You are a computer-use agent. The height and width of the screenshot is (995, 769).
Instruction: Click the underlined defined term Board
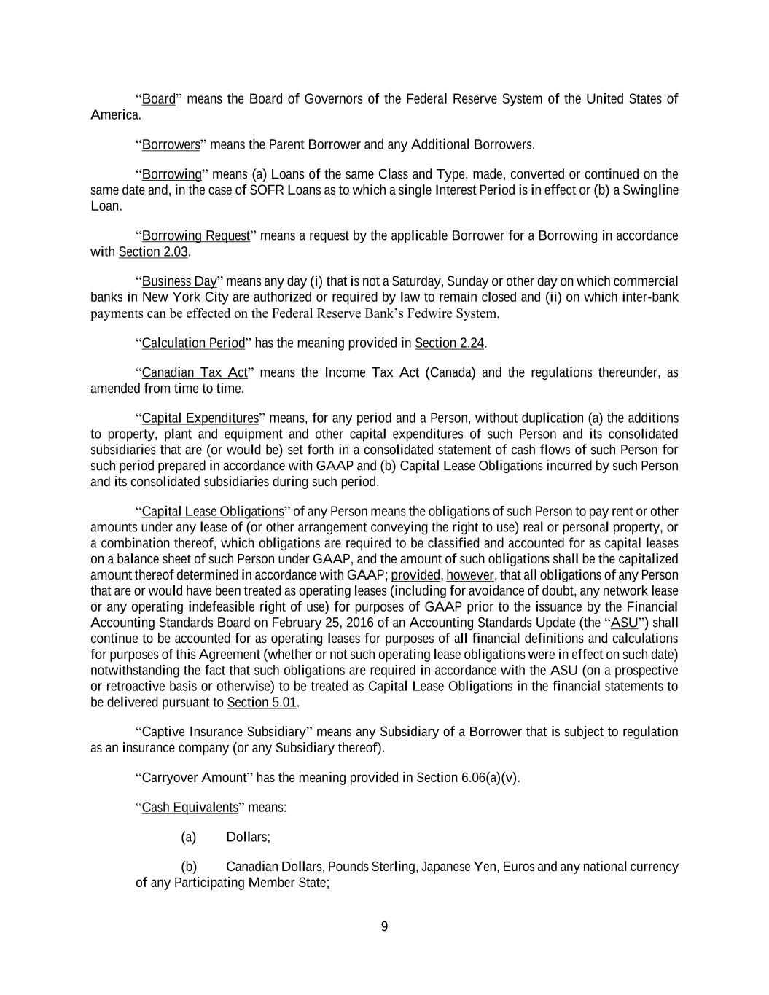pos(158,99)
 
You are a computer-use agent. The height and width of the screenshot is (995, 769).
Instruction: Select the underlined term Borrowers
pos(171,144)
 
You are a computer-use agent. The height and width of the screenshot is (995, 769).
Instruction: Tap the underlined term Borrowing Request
pos(195,235)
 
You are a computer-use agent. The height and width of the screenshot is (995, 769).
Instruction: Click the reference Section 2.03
pos(153,251)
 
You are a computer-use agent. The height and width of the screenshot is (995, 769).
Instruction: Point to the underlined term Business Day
pos(179,281)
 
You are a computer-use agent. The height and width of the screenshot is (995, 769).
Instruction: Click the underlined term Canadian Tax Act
pos(195,372)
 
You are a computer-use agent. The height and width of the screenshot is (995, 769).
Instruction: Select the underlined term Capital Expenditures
pos(200,418)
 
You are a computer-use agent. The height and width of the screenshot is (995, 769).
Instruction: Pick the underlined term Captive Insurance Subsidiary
pos(223,732)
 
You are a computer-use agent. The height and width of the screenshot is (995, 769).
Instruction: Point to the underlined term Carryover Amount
pos(194,777)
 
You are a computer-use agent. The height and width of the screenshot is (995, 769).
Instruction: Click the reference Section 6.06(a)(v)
pos(467,777)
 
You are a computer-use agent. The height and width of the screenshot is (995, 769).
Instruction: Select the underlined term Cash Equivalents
pos(190,807)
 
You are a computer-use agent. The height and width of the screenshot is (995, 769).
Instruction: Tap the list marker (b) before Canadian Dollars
pos(189,867)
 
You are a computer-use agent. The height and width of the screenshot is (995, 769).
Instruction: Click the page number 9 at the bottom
pos(384,926)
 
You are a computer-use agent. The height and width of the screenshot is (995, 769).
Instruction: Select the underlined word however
pos(469,575)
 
